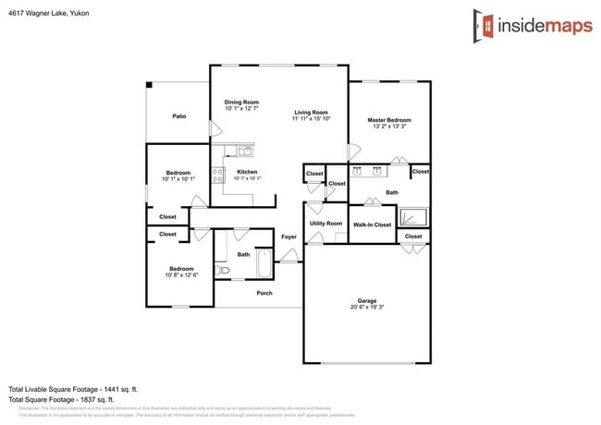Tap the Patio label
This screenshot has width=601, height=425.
tap(179, 116)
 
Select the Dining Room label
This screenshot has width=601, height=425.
tap(241, 102)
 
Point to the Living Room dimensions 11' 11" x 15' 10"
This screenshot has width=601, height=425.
tap(311, 119)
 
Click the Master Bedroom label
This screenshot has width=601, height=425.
tap(388, 120)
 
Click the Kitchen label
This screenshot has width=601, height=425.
tap(246, 172)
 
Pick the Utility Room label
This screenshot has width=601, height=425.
tap(325, 224)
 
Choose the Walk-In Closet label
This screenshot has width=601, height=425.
tap(372, 225)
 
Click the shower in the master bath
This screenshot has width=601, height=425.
tap(417, 217)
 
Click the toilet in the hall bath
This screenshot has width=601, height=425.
tap(221, 270)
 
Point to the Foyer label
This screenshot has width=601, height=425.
tap(288, 237)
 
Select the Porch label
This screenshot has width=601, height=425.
tap(264, 294)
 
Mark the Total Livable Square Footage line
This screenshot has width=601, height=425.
tap(73, 389)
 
